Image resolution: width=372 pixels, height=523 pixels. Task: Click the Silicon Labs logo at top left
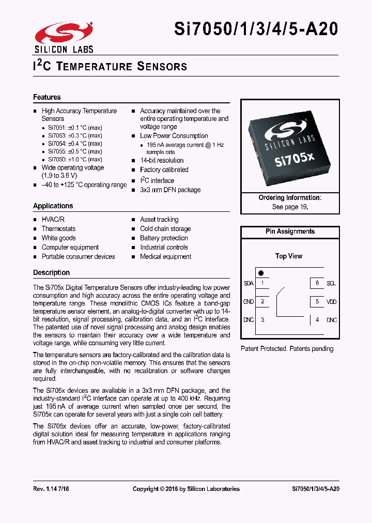click(x=64, y=37)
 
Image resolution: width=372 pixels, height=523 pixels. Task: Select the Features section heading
click(x=47, y=97)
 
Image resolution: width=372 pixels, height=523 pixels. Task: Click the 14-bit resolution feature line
click(x=162, y=161)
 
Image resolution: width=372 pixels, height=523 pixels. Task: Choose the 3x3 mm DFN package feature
click(x=170, y=190)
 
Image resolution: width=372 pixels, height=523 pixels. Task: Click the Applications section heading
click(x=53, y=206)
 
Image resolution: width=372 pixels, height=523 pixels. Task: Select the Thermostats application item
click(x=58, y=229)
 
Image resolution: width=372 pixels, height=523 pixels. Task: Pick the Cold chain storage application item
click(x=165, y=229)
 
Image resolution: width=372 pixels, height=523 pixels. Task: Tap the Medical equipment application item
click(x=165, y=257)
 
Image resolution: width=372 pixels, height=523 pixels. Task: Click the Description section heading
click(x=51, y=272)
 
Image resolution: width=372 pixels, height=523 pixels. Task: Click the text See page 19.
click(x=290, y=207)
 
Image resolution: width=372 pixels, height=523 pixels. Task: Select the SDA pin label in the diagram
click(x=249, y=283)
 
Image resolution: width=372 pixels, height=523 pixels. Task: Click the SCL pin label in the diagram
click(x=331, y=283)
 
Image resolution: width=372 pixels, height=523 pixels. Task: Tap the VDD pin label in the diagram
click(x=331, y=301)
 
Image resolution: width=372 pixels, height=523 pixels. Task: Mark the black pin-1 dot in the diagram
click(x=261, y=272)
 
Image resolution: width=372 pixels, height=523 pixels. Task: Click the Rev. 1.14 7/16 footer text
click(x=51, y=489)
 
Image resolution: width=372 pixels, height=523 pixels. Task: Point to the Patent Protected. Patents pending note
click(x=287, y=349)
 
